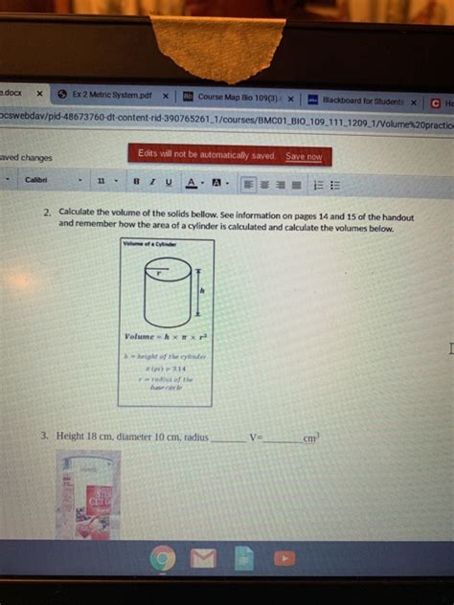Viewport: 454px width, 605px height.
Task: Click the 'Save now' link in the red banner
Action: coord(305,156)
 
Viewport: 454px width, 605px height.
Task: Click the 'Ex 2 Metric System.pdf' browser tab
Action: coord(111,96)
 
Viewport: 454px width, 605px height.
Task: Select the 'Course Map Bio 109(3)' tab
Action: coord(239,98)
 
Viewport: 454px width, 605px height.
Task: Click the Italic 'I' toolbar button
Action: coord(152,180)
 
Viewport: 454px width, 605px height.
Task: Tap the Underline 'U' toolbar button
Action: coord(169,181)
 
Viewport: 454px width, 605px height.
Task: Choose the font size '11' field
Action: coord(101,180)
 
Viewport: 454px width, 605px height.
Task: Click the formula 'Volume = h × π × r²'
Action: coord(166,337)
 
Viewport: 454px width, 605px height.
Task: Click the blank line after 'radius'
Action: coord(227,439)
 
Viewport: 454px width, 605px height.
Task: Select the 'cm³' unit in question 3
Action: coord(311,438)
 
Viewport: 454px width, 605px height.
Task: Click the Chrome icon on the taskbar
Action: coord(163,558)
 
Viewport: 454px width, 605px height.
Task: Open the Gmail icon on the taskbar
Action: coord(203,558)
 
